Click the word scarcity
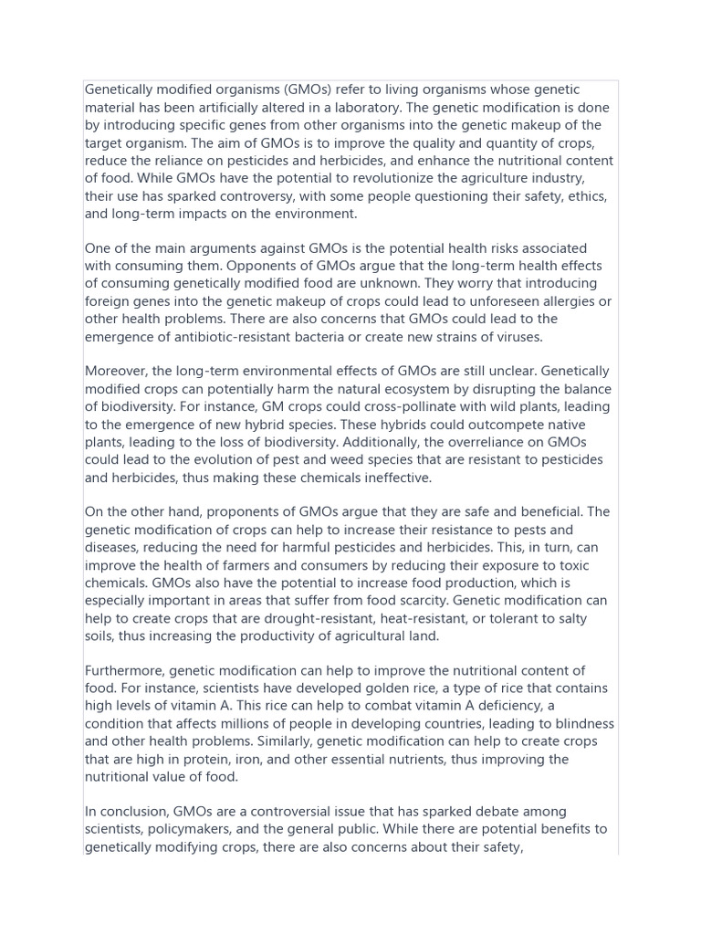click(x=416, y=602)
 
